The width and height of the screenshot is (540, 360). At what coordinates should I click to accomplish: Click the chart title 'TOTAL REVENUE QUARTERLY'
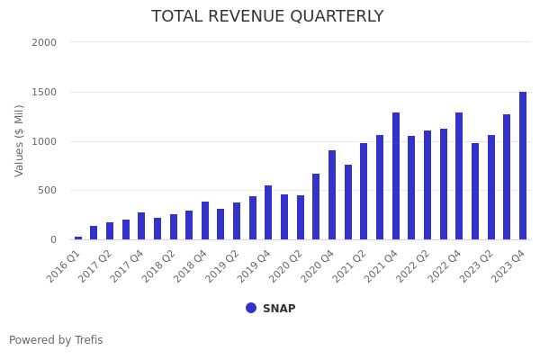point(267,17)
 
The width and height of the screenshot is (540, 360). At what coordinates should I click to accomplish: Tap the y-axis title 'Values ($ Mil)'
point(20,140)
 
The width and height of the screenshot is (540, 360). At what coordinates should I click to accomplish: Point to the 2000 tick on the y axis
point(44,42)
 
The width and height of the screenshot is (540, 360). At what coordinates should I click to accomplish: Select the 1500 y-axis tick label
point(44,92)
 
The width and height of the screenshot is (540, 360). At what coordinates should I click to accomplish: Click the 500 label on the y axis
point(47,190)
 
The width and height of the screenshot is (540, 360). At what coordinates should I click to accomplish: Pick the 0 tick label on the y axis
point(53,239)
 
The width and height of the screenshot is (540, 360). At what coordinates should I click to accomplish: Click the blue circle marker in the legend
point(251,308)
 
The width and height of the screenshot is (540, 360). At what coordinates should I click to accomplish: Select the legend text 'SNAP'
point(279,309)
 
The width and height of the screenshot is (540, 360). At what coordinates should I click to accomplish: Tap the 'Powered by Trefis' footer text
point(56,340)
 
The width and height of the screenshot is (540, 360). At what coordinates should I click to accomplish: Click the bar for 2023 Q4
point(523,166)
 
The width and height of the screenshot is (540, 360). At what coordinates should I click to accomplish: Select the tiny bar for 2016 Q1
point(78,238)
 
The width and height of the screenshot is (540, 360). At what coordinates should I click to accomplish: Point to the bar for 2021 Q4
point(396,176)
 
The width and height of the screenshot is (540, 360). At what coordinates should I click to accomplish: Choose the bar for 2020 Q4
point(332,195)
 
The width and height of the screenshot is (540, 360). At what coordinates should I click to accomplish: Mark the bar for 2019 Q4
point(268,212)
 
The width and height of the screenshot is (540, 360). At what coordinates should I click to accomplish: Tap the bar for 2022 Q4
point(459,176)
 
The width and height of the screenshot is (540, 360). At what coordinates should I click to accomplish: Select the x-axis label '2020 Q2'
point(286,266)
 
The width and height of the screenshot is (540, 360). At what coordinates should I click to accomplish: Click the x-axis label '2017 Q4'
point(127,266)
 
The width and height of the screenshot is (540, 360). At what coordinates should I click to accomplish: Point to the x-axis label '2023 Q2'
point(477,266)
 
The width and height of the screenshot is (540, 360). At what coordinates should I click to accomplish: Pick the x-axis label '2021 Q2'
point(350,266)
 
